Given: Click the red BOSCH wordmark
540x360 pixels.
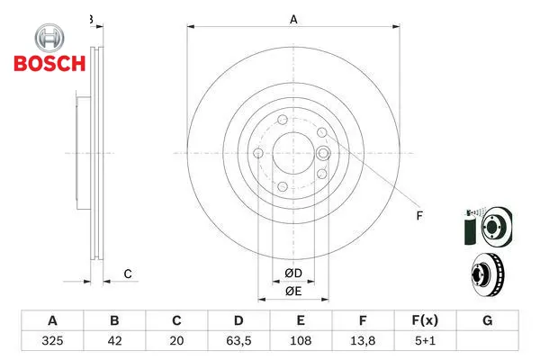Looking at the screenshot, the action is coord(49,63).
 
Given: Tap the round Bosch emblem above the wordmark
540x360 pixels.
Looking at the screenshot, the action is coord(49,38).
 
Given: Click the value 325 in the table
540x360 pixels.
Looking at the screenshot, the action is coord(52,341).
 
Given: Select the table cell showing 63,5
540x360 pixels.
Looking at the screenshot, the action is coord(238,341).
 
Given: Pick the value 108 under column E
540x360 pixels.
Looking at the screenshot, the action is coord(301,341).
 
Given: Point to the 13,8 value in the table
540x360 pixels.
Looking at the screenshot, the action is coord(363,341).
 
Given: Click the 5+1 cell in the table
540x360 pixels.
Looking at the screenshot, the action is coord(425,341).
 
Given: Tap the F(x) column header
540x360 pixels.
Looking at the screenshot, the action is coord(425,320).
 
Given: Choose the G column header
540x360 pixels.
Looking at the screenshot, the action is coord(487,320).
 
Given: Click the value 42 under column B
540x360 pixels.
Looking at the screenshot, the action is coord(114,341).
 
